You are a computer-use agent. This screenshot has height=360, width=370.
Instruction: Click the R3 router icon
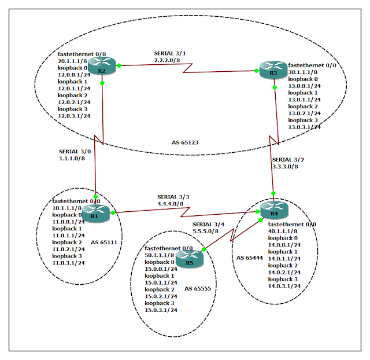pyautogui.click(x=273, y=71)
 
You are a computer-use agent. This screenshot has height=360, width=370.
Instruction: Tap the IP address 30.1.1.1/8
pyautogui.click(x=302, y=72)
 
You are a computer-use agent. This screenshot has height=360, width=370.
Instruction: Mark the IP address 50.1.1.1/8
pyautogui.click(x=159, y=255)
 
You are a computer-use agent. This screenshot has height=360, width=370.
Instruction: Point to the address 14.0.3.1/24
pyautogui.click(x=284, y=285)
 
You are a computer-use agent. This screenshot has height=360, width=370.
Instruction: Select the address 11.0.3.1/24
pyautogui.click(x=68, y=262)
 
